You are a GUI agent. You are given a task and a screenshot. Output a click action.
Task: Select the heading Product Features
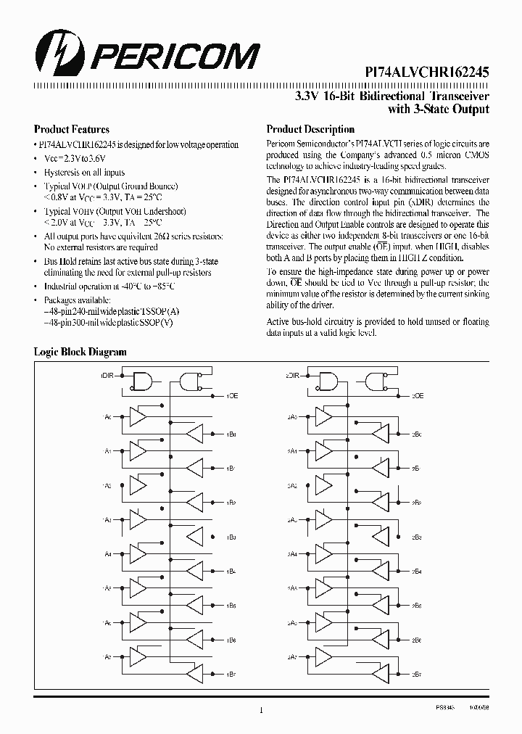[72, 129]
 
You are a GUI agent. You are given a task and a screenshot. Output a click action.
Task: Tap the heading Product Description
[310, 129]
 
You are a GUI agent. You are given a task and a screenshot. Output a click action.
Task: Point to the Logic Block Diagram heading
[80, 352]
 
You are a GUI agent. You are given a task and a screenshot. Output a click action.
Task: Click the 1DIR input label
[106, 376]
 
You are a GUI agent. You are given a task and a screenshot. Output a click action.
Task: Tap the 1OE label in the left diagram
[231, 395]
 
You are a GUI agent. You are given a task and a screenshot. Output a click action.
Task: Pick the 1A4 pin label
[107, 554]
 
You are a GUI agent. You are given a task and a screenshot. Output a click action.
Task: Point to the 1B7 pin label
[231, 674]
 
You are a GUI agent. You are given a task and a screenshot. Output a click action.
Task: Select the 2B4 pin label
[417, 572]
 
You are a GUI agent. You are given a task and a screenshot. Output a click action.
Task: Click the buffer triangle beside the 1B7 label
[194, 673]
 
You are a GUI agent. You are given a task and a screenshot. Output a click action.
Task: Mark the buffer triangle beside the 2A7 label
[324, 656]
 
